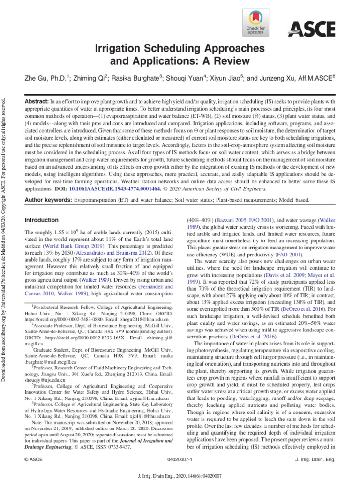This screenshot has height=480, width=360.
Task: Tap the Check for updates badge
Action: (x=255, y=24)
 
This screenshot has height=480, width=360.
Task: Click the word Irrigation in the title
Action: (x=119, y=48)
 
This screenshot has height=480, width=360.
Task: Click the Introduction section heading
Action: (x=41, y=220)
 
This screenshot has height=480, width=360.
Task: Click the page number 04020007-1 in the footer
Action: (x=180, y=460)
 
